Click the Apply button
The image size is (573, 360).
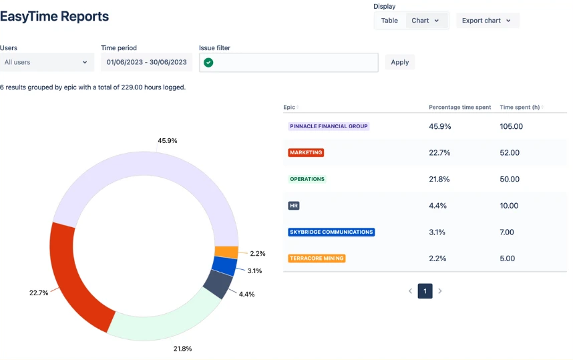399,62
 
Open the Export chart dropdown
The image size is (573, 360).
487,21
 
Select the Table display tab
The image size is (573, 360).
389,21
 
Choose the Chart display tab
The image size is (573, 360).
425,21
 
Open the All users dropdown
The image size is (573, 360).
46,62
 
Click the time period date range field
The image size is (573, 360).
146,62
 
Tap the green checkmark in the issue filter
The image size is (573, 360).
208,62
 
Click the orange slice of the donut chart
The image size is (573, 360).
226,252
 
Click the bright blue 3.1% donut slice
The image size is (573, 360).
224,266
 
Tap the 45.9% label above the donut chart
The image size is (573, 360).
167,141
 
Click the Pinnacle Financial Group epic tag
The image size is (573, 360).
329,126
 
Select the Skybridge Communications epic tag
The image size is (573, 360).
331,232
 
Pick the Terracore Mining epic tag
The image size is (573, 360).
317,258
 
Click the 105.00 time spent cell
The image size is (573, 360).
511,126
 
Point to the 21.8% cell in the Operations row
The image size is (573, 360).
439,179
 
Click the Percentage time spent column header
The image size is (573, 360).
459,107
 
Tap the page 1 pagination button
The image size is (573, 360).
425,291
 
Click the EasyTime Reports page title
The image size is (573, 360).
55,17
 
